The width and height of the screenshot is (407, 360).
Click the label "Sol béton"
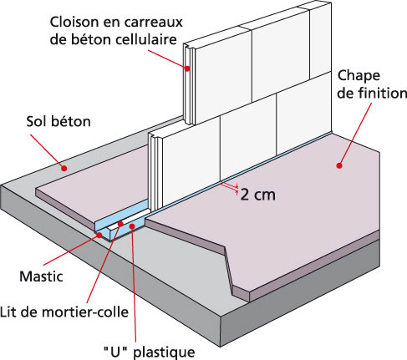pyautogui.click(x=59, y=122)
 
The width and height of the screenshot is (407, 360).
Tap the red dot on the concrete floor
pyautogui.click(x=64, y=168)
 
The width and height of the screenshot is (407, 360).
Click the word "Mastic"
pyautogui.click(x=41, y=276)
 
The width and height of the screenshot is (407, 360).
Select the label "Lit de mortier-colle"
pyautogui.click(x=64, y=312)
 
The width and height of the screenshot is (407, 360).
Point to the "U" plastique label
pyautogui.click(x=150, y=352)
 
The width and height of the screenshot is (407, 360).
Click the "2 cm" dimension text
pyautogui.click(x=257, y=195)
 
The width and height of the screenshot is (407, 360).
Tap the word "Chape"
pyautogui.click(x=359, y=76)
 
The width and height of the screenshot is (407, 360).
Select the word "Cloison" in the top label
pyautogui.click(x=71, y=22)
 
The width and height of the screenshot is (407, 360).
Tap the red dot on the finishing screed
pyautogui.click(x=339, y=165)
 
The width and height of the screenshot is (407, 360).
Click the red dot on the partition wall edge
pyautogui.click(x=187, y=68)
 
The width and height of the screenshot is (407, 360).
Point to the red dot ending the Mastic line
pyautogui.click(x=99, y=236)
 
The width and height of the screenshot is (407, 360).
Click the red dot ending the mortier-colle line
pyautogui.click(x=120, y=224)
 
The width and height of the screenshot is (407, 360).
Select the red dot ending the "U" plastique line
pyautogui.click(x=132, y=226)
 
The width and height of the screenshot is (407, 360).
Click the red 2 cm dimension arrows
pyautogui.click(x=229, y=187)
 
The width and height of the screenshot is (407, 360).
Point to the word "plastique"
pyautogui.click(x=164, y=352)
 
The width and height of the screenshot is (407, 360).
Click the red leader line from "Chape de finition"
pyautogui.click(x=355, y=134)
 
